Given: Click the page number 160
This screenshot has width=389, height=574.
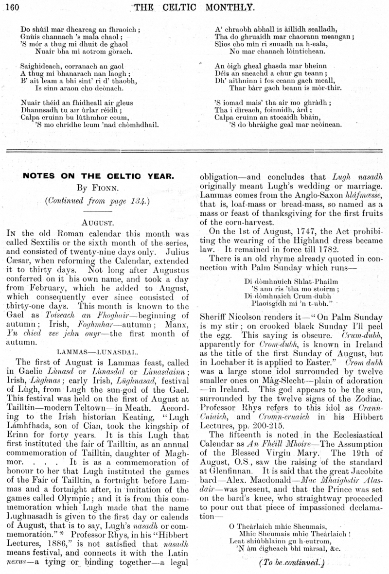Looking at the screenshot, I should pos(11,6).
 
